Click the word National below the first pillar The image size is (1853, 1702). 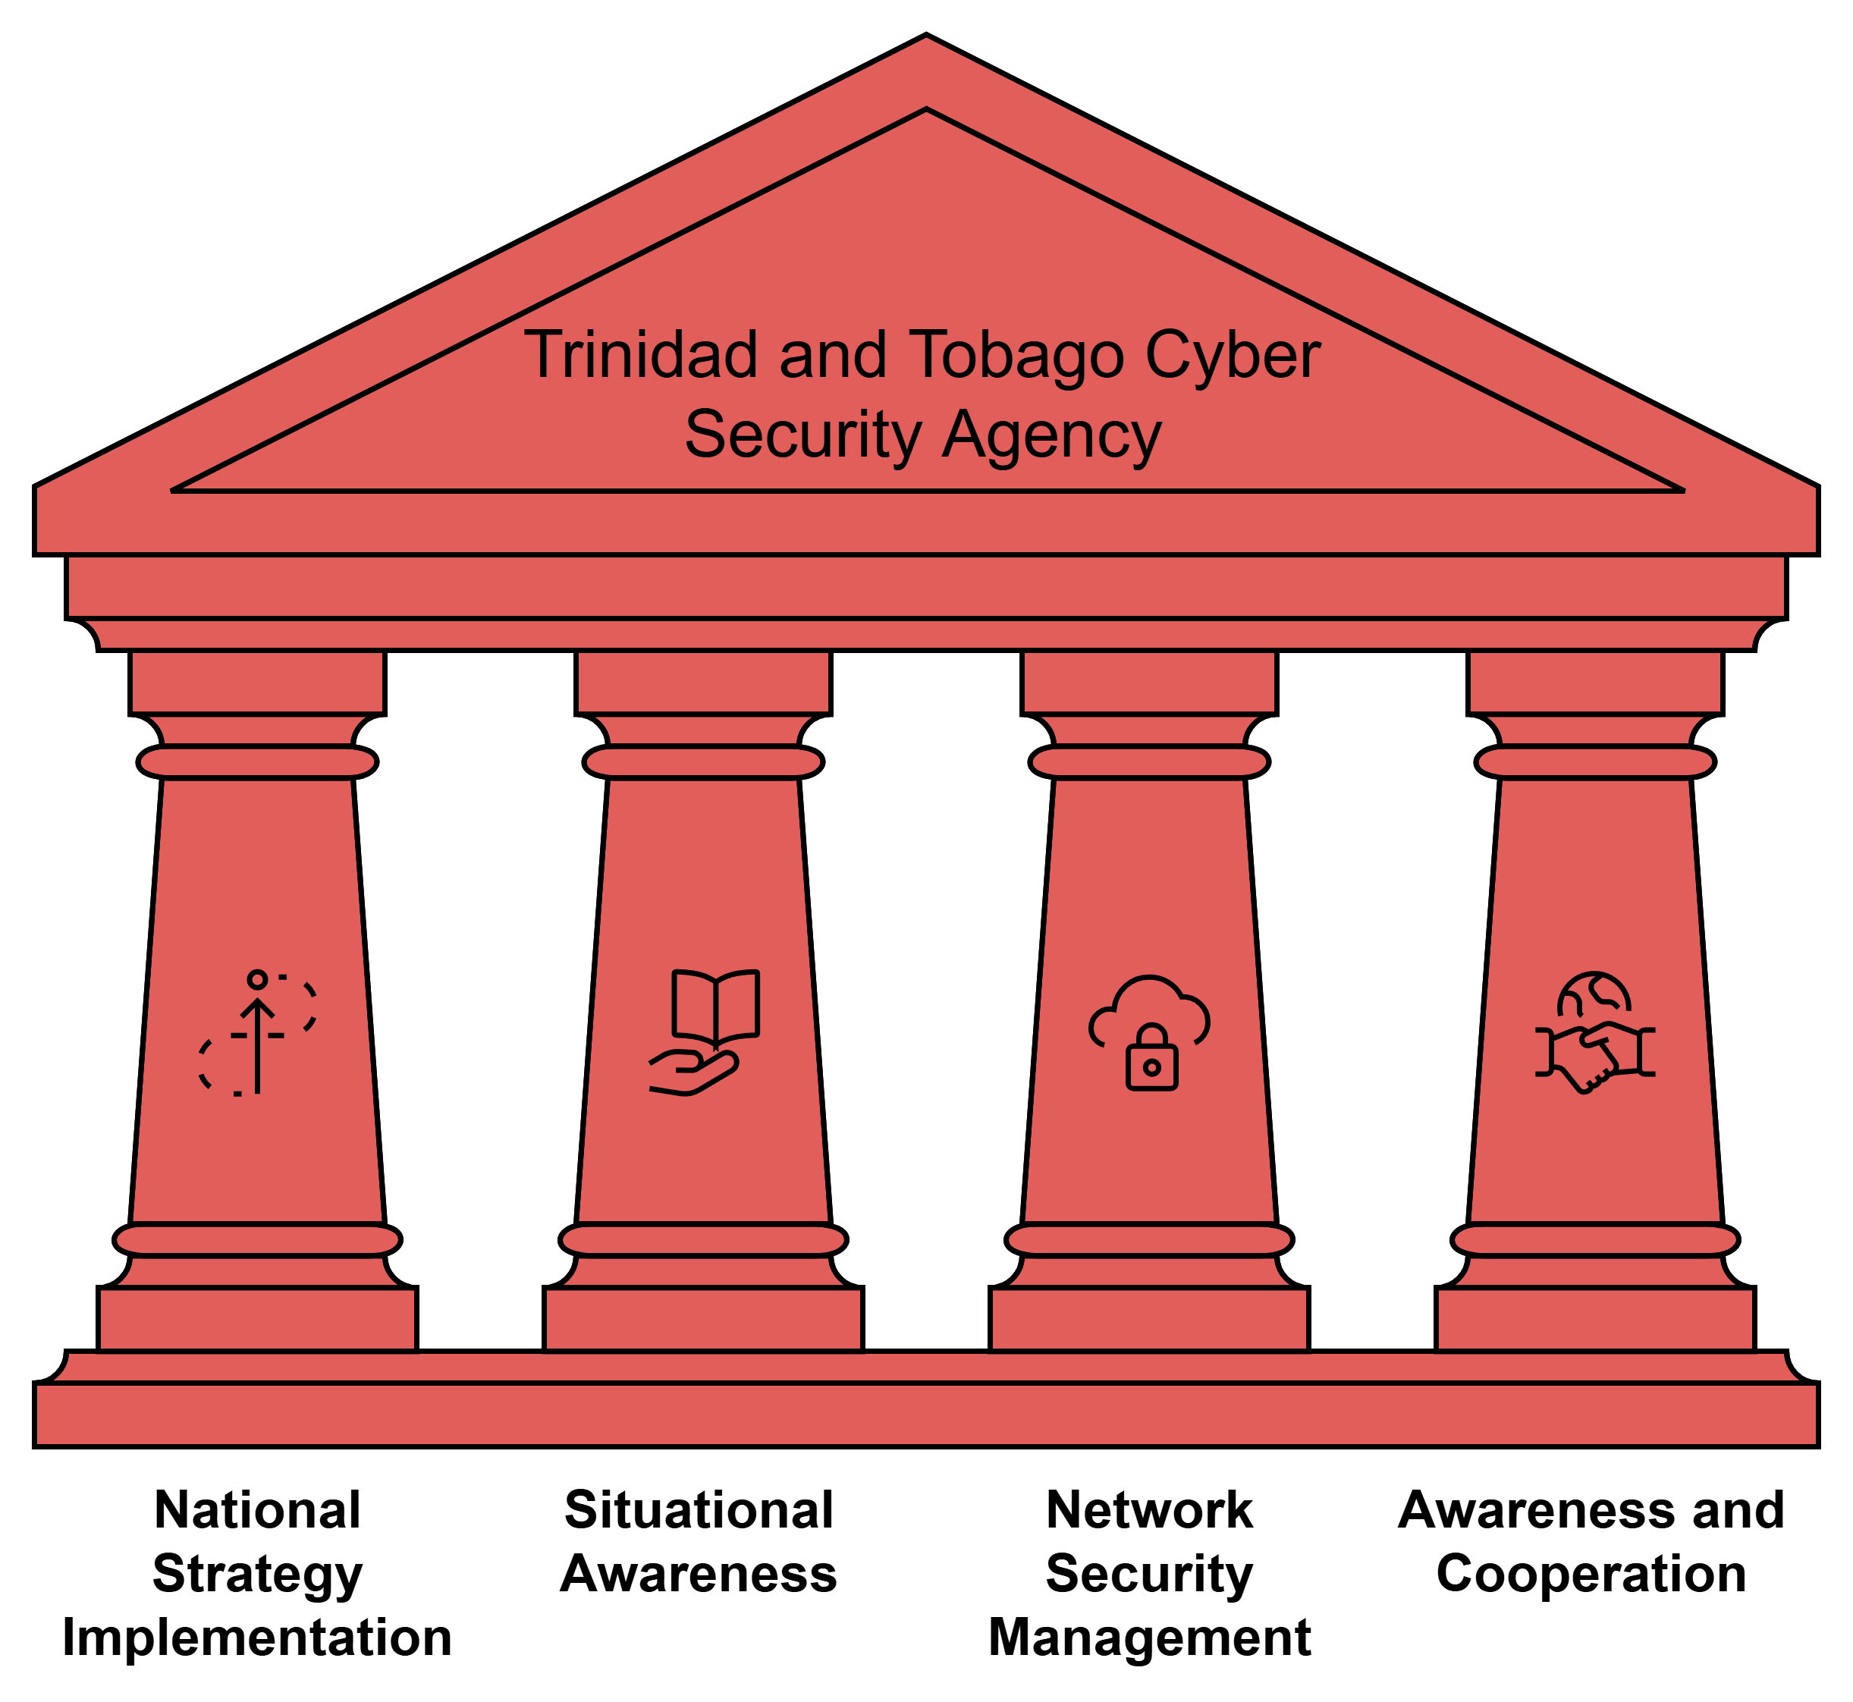click(258, 1510)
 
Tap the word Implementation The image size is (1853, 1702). click(257, 1638)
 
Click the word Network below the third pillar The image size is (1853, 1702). click(1149, 1510)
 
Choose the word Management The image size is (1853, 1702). click(1149, 1638)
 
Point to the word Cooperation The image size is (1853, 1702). click(1591, 1574)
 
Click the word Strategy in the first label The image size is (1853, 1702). click(258, 1574)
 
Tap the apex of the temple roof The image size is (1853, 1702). click(927, 39)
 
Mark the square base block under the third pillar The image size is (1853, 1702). click(1149, 1319)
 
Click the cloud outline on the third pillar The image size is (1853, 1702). click(1149, 1004)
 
